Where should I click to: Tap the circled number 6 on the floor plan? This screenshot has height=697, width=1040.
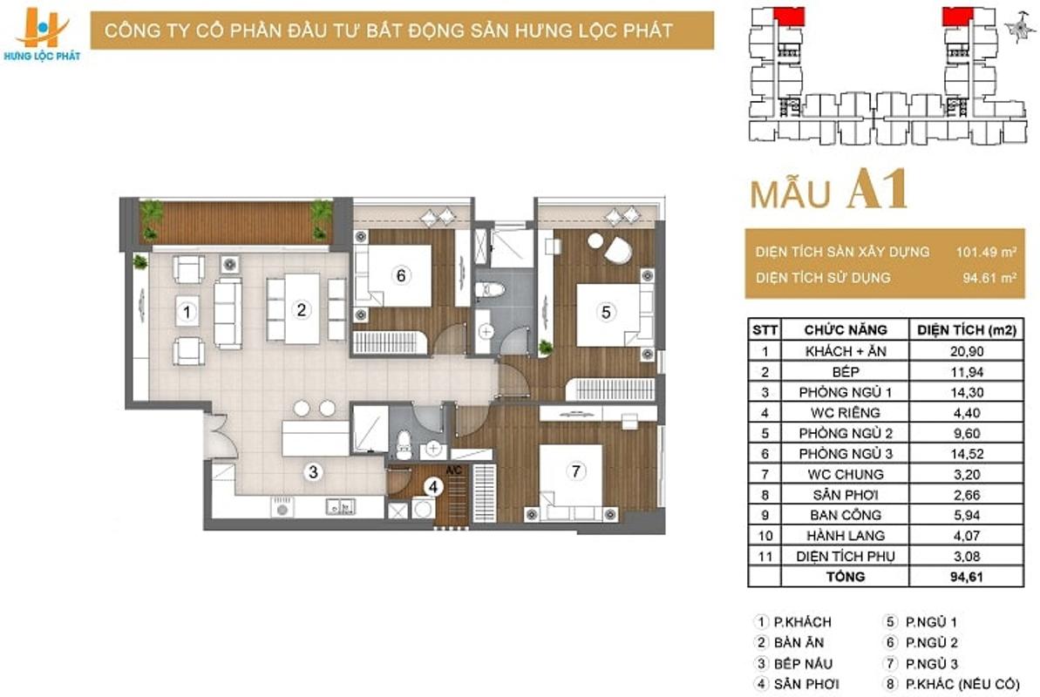click(401, 274)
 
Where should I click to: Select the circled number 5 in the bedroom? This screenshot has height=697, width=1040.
click(606, 311)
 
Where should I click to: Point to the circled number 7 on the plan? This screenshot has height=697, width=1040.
click(575, 470)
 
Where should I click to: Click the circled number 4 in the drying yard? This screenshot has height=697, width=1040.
click(433, 487)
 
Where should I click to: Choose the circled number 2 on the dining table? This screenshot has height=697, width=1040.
click(301, 309)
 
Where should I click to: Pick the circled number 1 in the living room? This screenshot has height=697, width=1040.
click(187, 312)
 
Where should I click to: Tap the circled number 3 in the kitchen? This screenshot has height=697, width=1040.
click(313, 471)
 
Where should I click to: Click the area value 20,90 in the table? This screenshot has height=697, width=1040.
click(967, 351)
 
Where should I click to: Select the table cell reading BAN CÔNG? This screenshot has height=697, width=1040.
click(845, 515)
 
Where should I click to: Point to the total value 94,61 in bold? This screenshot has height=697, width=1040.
click(967, 576)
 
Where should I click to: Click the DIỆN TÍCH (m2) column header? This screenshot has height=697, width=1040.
click(967, 329)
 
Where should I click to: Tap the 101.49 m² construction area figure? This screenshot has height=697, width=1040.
click(986, 252)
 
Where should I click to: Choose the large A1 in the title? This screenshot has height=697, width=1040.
click(878, 190)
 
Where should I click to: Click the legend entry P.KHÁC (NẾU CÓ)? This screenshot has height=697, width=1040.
click(962, 684)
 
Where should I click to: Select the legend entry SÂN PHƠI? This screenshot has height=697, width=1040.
click(805, 684)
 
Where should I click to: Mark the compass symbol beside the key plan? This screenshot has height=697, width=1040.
click(1019, 28)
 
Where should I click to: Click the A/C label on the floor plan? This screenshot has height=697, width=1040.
click(453, 470)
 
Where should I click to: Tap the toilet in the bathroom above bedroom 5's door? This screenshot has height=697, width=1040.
click(491, 290)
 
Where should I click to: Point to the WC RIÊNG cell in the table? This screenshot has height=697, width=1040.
click(845, 412)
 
